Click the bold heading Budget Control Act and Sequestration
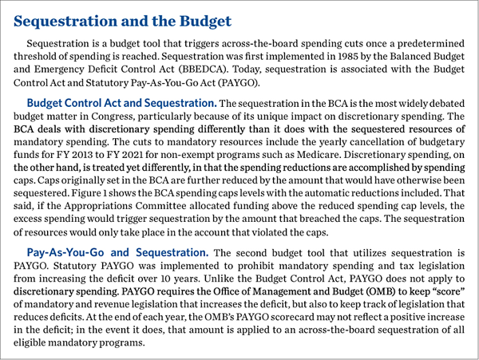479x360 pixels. click(x=121, y=104)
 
